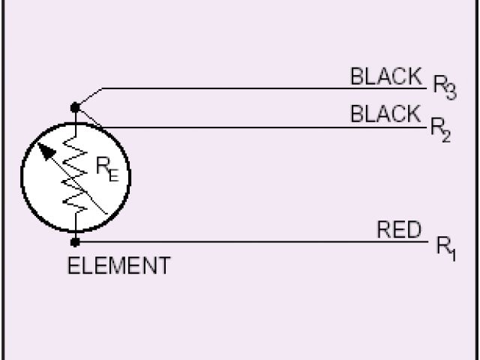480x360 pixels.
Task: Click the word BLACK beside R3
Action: [385, 76]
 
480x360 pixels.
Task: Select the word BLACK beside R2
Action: [385, 114]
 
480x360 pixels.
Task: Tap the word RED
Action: [399, 230]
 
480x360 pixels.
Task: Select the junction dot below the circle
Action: [76, 241]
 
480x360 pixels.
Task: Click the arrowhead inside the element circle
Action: [47, 151]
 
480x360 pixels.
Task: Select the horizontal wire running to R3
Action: [262, 88]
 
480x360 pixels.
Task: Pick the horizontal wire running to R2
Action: [262, 127]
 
